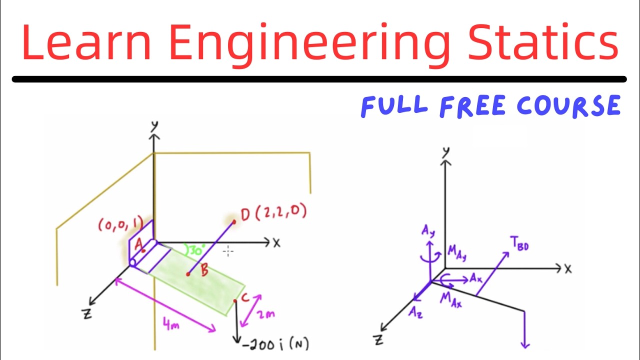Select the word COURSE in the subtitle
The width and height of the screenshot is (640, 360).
tap(568, 105)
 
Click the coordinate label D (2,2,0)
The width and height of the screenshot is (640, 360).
tap(273, 213)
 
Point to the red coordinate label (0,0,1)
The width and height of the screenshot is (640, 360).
tap(120, 225)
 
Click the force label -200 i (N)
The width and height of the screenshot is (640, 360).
tap(275, 344)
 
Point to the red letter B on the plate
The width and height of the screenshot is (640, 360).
tap(204, 271)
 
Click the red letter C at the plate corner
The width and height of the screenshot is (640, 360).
tap(244, 298)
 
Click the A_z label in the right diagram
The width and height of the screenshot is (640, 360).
tap(416, 312)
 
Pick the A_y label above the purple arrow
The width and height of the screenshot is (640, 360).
tap(427, 230)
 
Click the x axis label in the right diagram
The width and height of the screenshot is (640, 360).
tap(568, 269)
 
